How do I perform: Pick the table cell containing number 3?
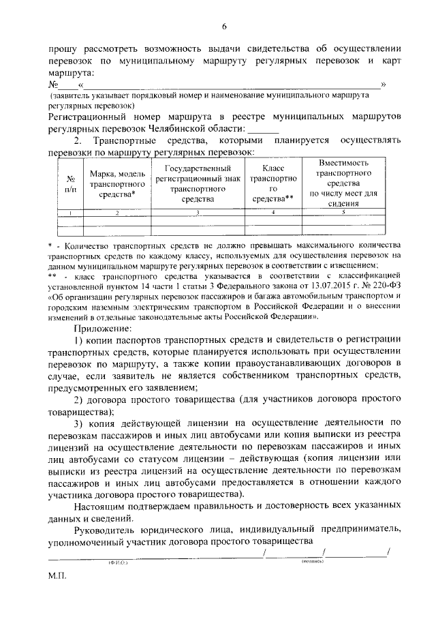pyautogui.click(x=198, y=213)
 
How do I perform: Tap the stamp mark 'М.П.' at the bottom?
pyautogui.click(x=58, y=576)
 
